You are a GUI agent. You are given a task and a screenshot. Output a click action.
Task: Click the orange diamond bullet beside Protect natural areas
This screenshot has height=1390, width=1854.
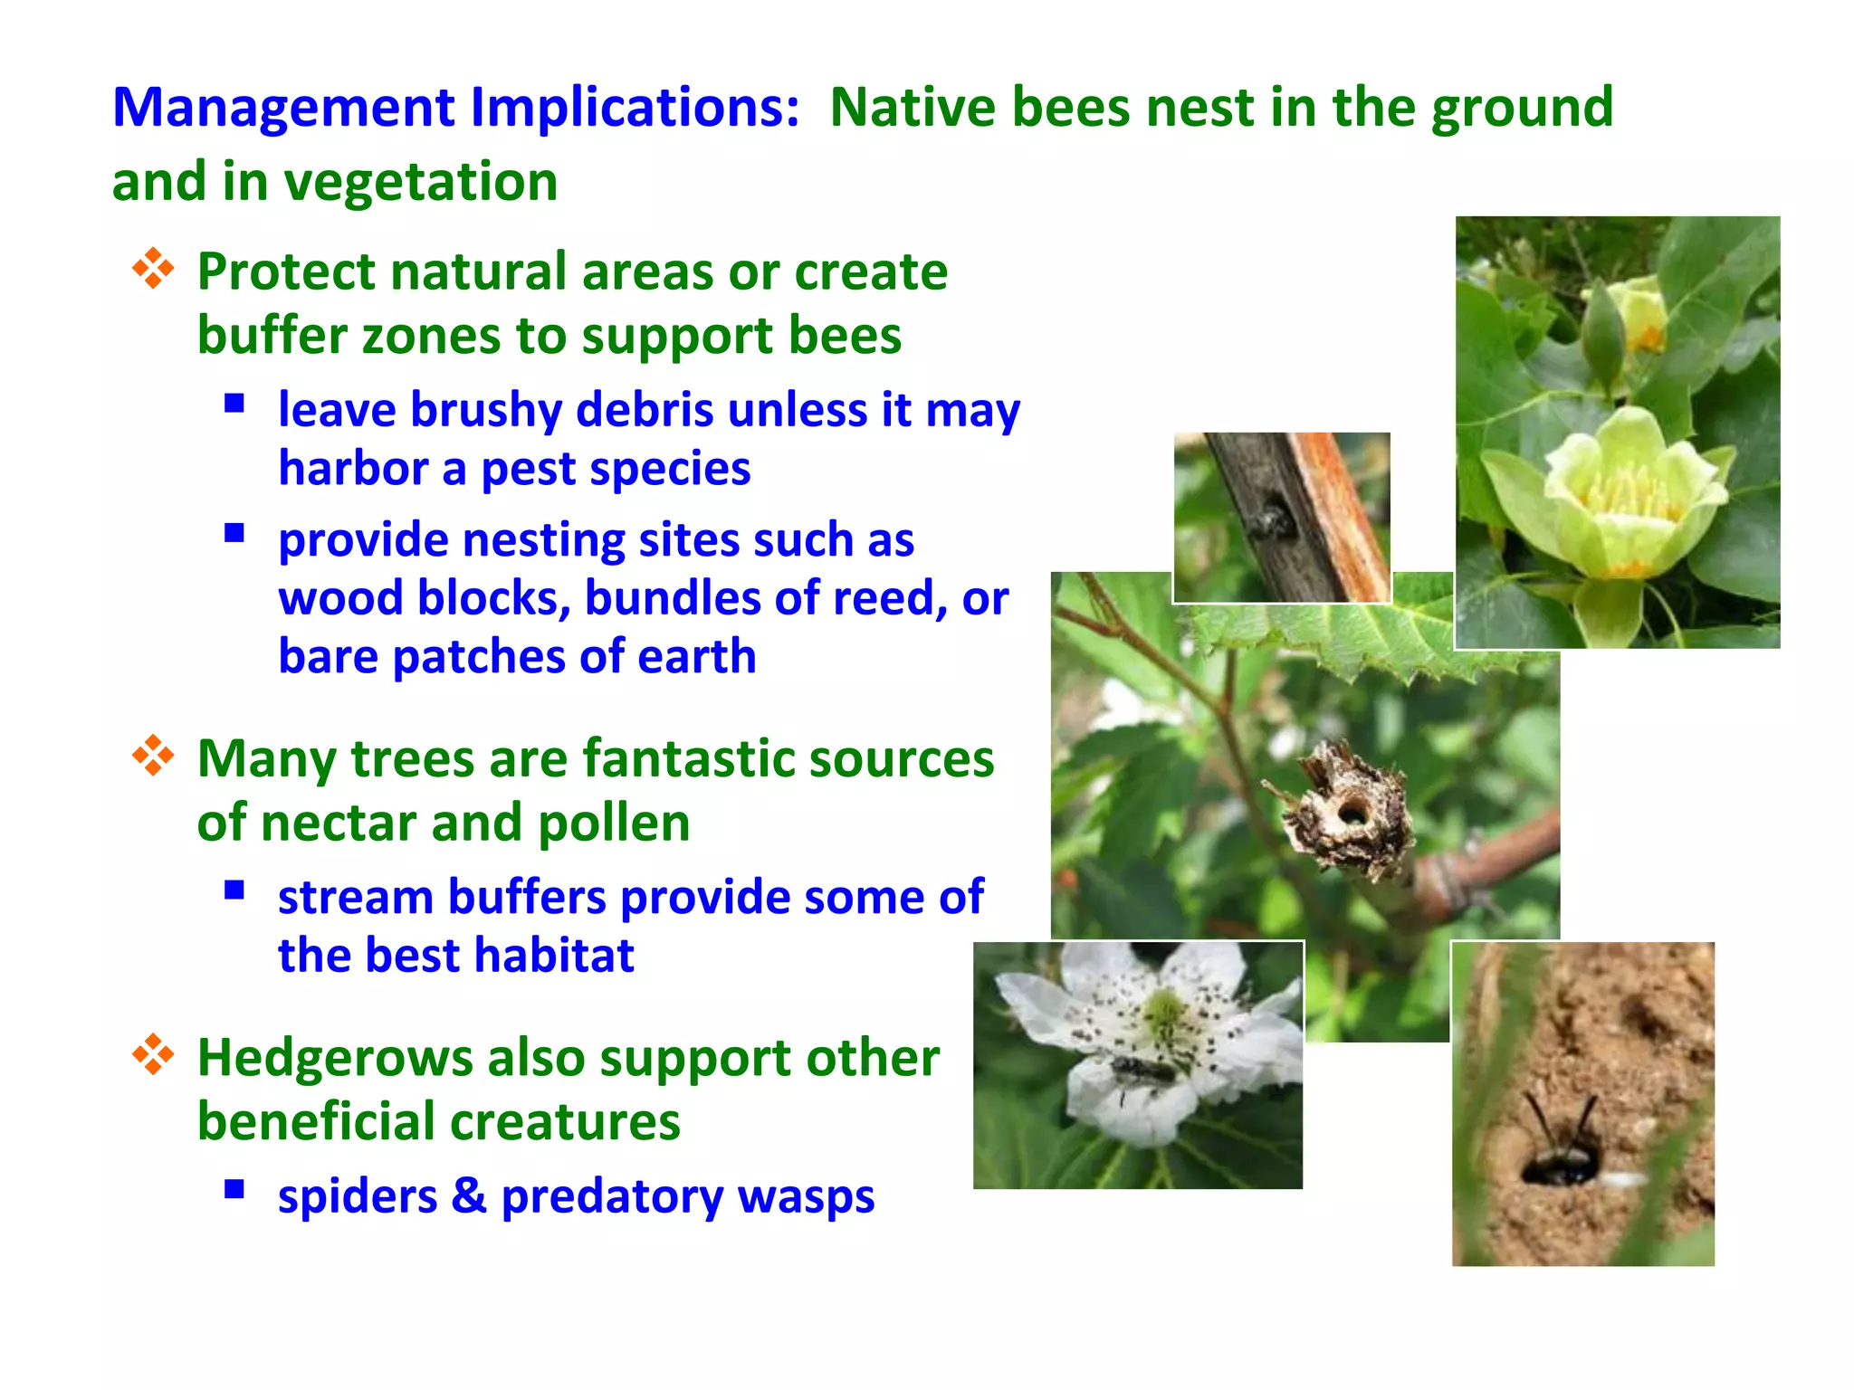coord(153,269)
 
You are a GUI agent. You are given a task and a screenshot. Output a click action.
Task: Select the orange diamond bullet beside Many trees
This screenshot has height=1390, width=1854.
coord(153,756)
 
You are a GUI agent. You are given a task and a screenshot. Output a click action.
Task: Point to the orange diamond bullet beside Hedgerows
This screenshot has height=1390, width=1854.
coord(153,1054)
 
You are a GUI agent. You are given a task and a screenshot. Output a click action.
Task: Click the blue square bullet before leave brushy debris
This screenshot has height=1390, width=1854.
coord(234,404)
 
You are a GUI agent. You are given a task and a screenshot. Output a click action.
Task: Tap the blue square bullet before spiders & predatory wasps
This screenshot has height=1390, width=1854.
coord(234,1189)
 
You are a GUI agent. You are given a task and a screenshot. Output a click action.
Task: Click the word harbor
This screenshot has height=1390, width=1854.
coord(353,469)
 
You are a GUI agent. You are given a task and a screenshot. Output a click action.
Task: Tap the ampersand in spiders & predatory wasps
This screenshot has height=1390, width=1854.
coord(468,1195)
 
